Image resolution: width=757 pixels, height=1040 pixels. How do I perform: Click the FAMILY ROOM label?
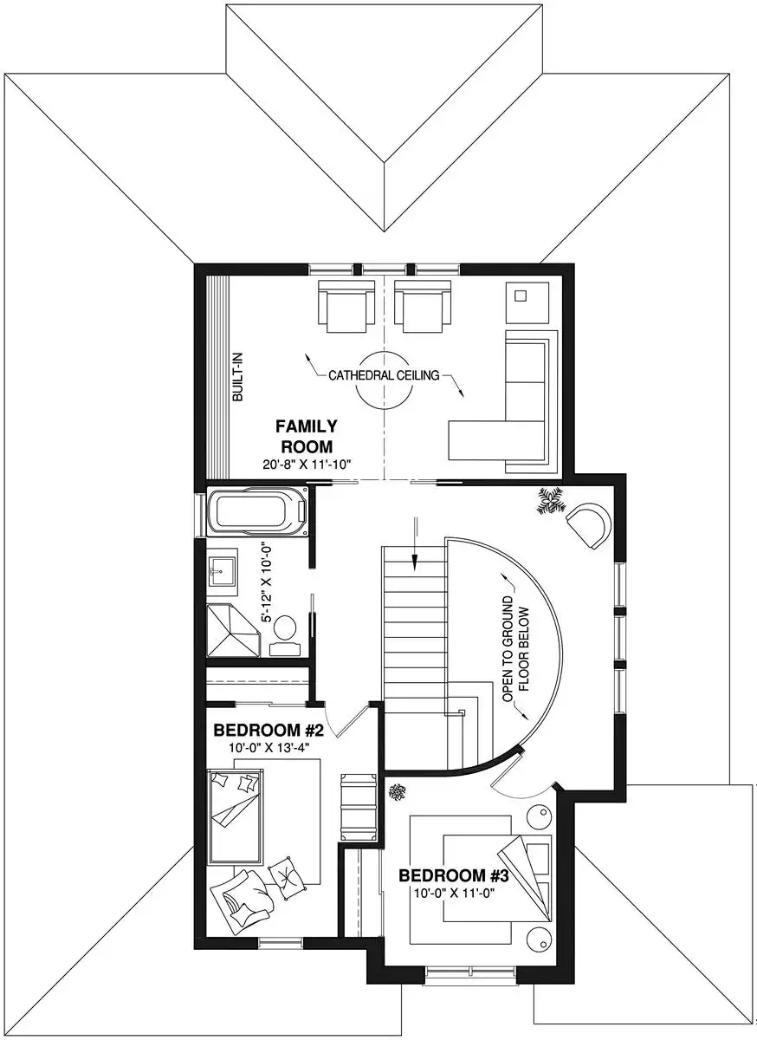(x=307, y=436)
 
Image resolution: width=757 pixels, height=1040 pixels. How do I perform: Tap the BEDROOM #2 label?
(x=269, y=731)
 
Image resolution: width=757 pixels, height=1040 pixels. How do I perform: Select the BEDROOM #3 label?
(x=454, y=876)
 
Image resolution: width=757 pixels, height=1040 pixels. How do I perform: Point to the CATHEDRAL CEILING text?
(x=384, y=375)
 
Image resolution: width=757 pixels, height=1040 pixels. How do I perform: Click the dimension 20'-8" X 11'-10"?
(x=307, y=464)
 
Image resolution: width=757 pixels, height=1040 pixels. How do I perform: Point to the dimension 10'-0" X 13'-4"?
(x=268, y=747)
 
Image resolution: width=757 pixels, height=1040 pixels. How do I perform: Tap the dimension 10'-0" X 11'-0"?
(x=454, y=893)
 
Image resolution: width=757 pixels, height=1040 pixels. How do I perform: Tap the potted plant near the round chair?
(x=551, y=501)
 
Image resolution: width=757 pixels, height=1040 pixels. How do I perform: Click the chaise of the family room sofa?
(x=495, y=439)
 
